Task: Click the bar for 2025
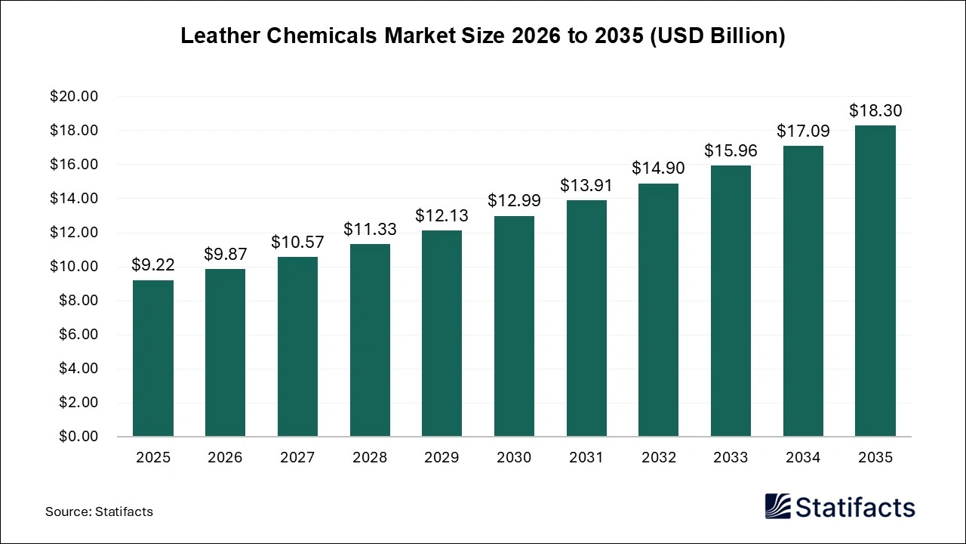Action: tap(153, 358)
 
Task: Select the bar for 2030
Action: tap(514, 326)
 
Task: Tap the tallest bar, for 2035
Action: tap(875, 281)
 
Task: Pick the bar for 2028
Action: tap(370, 340)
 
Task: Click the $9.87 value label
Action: tap(225, 255)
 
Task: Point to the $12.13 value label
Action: tap(441, 216)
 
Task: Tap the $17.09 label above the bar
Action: tap(803, 131)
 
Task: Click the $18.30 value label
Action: tap(875, 111)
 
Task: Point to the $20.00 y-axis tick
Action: tap(74, 97)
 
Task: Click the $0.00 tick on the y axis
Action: tap(77, 437)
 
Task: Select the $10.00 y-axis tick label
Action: tap(74, 267)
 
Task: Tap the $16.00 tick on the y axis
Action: tap(74, 165)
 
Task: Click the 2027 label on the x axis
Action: tap(297, 458)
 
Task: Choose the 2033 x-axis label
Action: tap(731, 458)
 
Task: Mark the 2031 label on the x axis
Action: tap(586, 458)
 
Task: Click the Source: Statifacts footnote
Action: tap(99, 512)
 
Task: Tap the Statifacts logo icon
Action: tap(777, 506)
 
